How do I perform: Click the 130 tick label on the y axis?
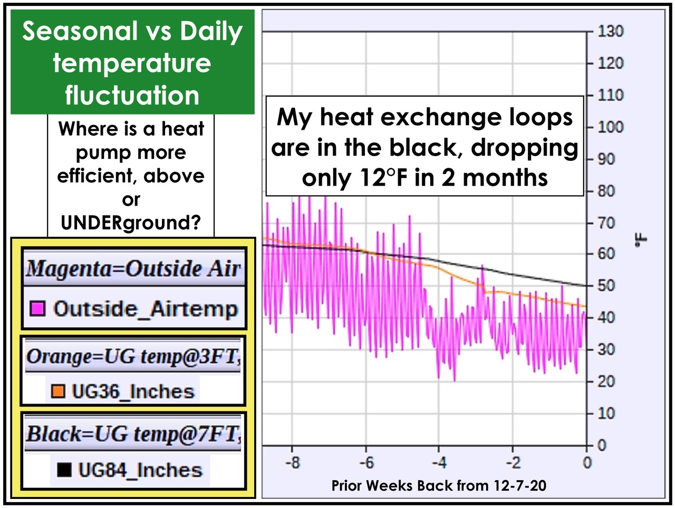point(611,31)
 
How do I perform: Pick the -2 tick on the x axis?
point(513,449)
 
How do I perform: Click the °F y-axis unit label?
point(641,240)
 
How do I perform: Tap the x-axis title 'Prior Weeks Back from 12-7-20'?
point(439,486)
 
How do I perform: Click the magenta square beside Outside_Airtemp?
point(37,308)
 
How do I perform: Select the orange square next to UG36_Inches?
point(58,391)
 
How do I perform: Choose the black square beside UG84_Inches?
point(64,470)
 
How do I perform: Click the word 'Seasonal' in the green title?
point(80,31)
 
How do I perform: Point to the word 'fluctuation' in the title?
point(132,95)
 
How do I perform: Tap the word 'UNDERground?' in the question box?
point(131,222)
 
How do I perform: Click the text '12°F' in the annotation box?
point(384,177)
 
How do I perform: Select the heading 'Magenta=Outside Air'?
point(133,269)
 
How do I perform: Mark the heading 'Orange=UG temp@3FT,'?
point(133,357)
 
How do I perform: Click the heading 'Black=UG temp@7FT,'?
point(133,434)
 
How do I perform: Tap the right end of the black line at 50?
point(586,286)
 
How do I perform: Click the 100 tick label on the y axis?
point(611,127)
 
